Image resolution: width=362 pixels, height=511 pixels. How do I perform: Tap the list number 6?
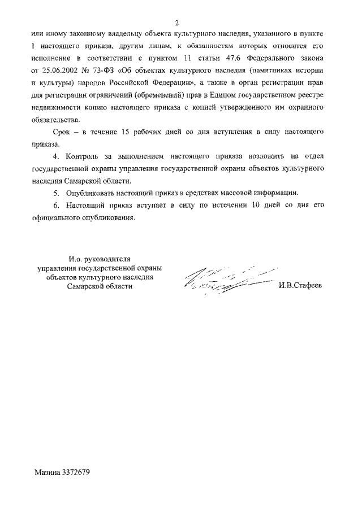[55, 205]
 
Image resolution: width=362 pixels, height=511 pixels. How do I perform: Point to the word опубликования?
[106, 217]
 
